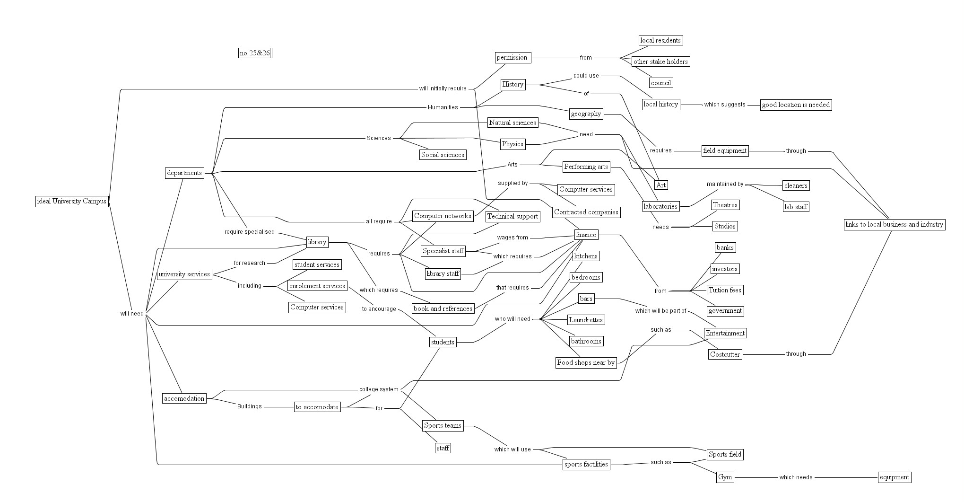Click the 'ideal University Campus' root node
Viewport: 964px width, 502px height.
coord(72,202)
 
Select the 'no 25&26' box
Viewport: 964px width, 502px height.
coord(255,53)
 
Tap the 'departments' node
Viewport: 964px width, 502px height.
coord(184,173)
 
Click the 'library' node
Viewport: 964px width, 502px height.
coord(317,242)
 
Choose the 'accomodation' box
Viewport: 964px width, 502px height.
coord(184,399)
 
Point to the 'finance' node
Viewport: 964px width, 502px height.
coord(586,235)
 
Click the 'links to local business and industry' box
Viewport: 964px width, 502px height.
coord(895,225)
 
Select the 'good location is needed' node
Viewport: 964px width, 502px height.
coord(796,105)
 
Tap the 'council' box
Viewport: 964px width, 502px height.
coord(660,83)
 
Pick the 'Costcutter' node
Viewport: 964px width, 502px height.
coord(725,355)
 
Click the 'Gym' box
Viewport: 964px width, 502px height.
coord(725,477)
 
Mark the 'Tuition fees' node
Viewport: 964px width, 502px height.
coord(725,291)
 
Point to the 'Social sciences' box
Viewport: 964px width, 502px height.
coord(443,155)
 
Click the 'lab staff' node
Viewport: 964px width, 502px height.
coord(796,207)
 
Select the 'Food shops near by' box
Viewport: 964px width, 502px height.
coord(586,363)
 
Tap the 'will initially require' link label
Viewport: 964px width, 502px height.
coord(443,88)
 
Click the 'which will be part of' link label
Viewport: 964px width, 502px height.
coord(660,311)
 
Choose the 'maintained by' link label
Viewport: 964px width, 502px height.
coord(725,184)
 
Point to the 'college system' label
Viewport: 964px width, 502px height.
coord(379,389)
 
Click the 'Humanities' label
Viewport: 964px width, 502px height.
coord(443,107)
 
